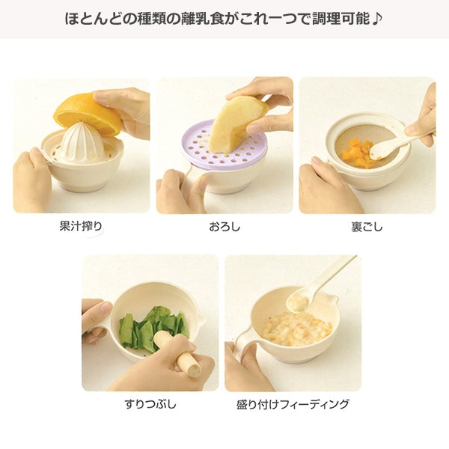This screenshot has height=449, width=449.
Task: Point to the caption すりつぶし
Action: (150, 404)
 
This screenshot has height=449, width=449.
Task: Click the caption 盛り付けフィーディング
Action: (293, 404)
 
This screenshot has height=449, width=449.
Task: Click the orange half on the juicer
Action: (85, 112)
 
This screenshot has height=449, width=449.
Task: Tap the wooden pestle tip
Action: (193, 367)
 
